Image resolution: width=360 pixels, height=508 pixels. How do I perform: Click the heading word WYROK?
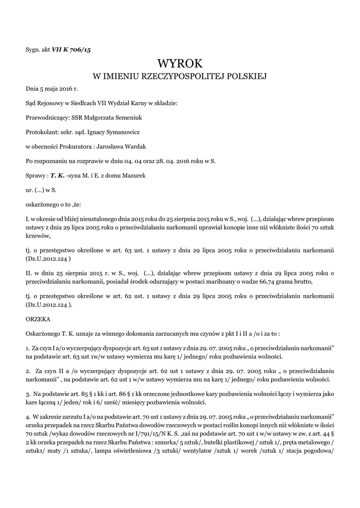pyautogui.click(x=180, y=63)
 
